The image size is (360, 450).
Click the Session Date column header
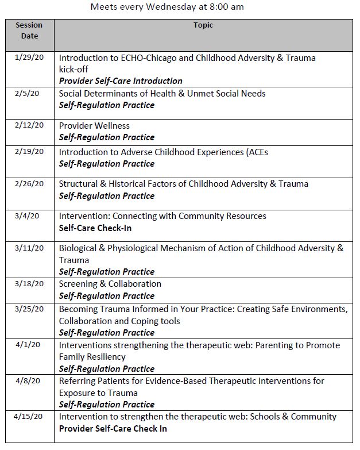point(29,30)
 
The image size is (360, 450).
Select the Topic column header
point(203,25)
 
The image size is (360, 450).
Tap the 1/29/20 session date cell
point(29,57)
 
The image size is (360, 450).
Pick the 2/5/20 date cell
point(29,93)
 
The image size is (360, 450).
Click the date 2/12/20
point(29,125)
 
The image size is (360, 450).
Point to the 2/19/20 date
point(29,151)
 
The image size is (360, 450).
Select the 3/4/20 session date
point(29,216)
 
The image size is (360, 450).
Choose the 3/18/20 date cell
point(29,283)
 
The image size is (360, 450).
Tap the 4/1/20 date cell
point(29,345)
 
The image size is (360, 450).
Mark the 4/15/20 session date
point(29,416)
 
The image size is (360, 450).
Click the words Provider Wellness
point(94,126)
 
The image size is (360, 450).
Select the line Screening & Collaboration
point(110,284)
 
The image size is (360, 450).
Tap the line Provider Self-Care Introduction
point(121,81)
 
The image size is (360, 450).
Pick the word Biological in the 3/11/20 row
point(79,248)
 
